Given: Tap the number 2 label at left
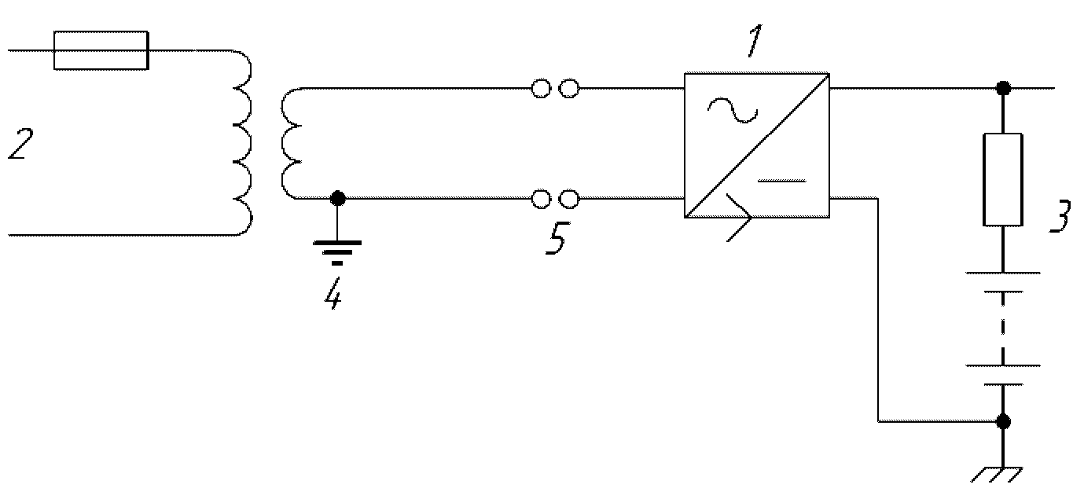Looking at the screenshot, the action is (x=21, y=144).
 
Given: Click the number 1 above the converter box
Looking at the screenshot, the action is (x=755, y=41).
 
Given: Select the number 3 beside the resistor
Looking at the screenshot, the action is (x=1060, y=216).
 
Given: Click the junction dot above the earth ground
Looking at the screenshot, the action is (x=338, y=198).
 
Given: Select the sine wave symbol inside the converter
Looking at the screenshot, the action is (x=733, y=111).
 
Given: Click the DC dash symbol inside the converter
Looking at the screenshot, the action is (x=781, y=181).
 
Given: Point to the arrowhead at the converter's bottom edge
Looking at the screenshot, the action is (x=740, y=218).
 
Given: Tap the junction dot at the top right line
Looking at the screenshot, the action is (x=1003, y=88).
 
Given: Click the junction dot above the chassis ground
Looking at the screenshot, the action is (x=1003, y=422).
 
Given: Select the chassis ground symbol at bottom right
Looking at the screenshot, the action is (x=998, y=474).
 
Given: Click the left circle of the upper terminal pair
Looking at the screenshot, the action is (x=542, y=89).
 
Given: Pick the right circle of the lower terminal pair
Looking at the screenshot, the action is (x=570, y=199).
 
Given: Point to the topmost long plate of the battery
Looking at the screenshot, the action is (x=1002, y=273).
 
